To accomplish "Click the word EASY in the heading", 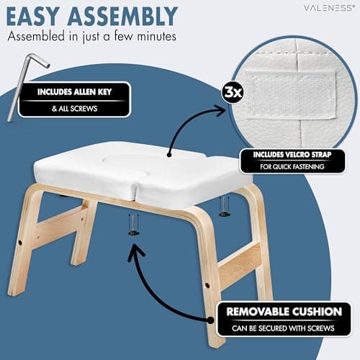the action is [33, 16].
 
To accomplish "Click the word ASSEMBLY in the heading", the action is [122, 16].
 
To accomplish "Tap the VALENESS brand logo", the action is [329, 8].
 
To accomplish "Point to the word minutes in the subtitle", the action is [157, 37].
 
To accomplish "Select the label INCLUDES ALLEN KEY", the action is [74, 92].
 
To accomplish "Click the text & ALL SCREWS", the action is [74, 109].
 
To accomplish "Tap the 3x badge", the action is [233, 92].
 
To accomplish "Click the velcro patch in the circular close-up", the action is [291, 94].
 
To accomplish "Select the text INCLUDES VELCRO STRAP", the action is [292, 155].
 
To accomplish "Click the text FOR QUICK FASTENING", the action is [292, 166].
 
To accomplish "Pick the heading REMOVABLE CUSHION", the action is [284, 312].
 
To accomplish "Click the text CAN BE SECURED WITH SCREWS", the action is [283, 328].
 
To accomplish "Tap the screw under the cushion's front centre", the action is [133, 225].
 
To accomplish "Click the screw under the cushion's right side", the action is [224, 207].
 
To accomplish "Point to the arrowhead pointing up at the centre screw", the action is [136, 252].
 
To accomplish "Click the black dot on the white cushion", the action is [169, 155].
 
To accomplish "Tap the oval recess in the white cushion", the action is [127, 161].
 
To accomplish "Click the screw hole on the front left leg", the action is [20, 243].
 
